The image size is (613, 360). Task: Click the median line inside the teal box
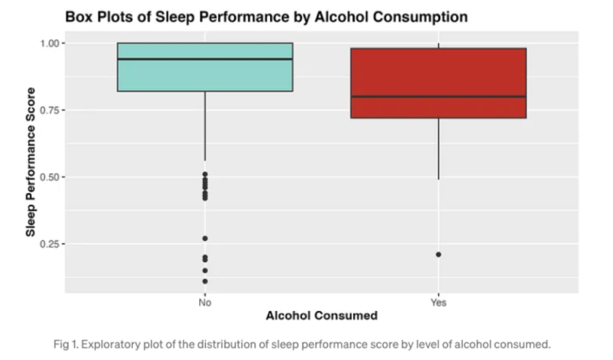(x=204, y=59)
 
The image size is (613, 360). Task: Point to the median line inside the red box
(x=438, y=96)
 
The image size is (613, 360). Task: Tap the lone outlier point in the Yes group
(x=438, y=254)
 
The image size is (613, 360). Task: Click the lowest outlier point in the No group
(x=204, y=281)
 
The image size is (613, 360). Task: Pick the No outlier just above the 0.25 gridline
(x=204, y=238)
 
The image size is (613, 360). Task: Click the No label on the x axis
(x=204, y=302)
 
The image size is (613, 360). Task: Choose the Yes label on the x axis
(x=438, y=302)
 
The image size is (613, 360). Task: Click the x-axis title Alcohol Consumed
(x=321, y=316)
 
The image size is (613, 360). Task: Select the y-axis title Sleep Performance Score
(x=31, y=169)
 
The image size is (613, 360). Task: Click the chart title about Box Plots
(x=266, y=16)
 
